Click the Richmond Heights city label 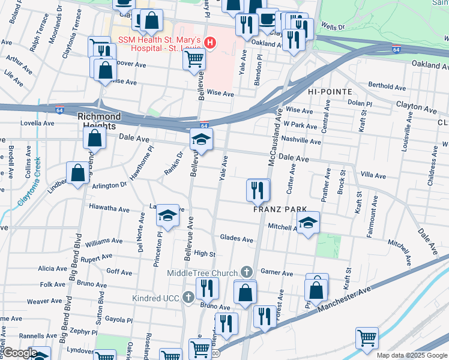click(99, 121)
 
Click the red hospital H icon click(209, 43)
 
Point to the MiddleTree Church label click(203, 273)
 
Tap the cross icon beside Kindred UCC click(188, 297)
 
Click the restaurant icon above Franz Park click(258, 191)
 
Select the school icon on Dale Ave click(202, 140)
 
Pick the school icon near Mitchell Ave click(309, 223)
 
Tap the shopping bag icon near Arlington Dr click(78, 173)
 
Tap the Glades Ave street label click(237, 239)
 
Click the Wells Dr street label click(333, 27)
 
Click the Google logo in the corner click(19, 353)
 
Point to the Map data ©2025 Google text click(412, 355)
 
